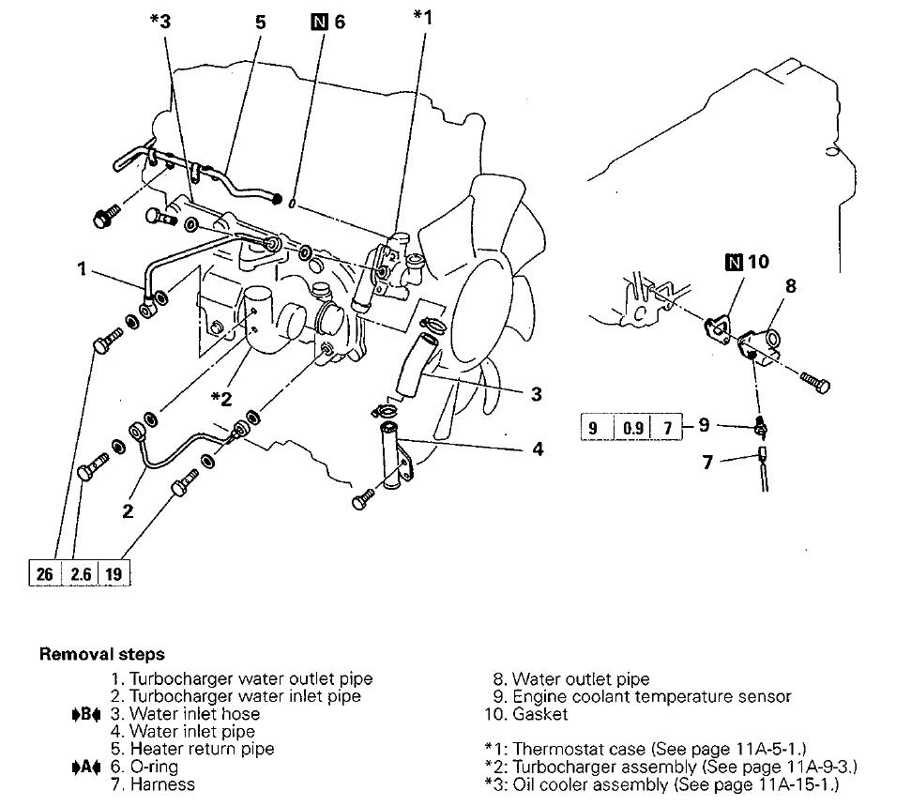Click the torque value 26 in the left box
[x=44, y=573]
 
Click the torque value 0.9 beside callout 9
[x=633, y=429]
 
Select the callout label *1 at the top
[x=423, y=16]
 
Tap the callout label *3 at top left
[x=160, y=21]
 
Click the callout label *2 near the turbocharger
[x=221, y=398]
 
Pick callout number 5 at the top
[x=262, y=21]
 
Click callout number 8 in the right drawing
[x=790, y=286]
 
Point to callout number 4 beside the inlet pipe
[x=538, y=449]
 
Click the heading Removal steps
[x=101, y=655]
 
